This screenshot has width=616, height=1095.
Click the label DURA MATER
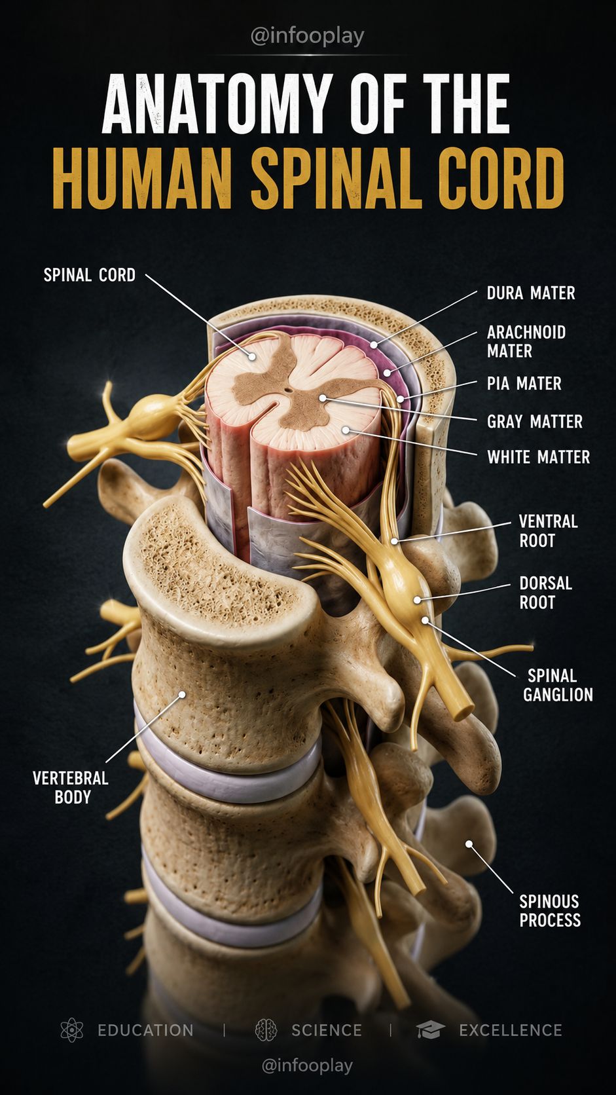(x=531, y=293)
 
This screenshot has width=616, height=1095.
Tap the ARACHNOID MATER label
(x=526, y=341)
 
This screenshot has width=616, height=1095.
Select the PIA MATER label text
(x=524, y=383)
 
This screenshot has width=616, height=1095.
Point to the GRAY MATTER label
(x=535, y=421)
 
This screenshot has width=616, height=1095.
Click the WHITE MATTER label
(x=538, y=456)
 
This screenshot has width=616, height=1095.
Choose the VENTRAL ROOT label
(x=548, y=531)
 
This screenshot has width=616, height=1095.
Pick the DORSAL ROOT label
(x=545, y=593)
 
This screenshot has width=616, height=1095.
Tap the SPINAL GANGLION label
(x=558, y=685)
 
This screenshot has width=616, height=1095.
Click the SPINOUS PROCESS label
(x=550, y=910)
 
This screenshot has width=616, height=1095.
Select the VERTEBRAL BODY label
(x=71, y=787)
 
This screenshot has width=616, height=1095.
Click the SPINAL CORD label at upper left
(x=90, y=274)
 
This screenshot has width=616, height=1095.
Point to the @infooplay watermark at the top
(x=307, y=36)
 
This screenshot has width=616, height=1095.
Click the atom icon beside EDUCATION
(x=72, y=1030)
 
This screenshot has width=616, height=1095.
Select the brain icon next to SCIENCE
(x=266, y=1030)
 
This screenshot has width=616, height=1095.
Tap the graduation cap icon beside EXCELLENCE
(x=430, y=1030)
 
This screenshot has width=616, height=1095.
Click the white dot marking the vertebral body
(x=182, y=694)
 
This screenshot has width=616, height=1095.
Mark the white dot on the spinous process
(x=469, y=844)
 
